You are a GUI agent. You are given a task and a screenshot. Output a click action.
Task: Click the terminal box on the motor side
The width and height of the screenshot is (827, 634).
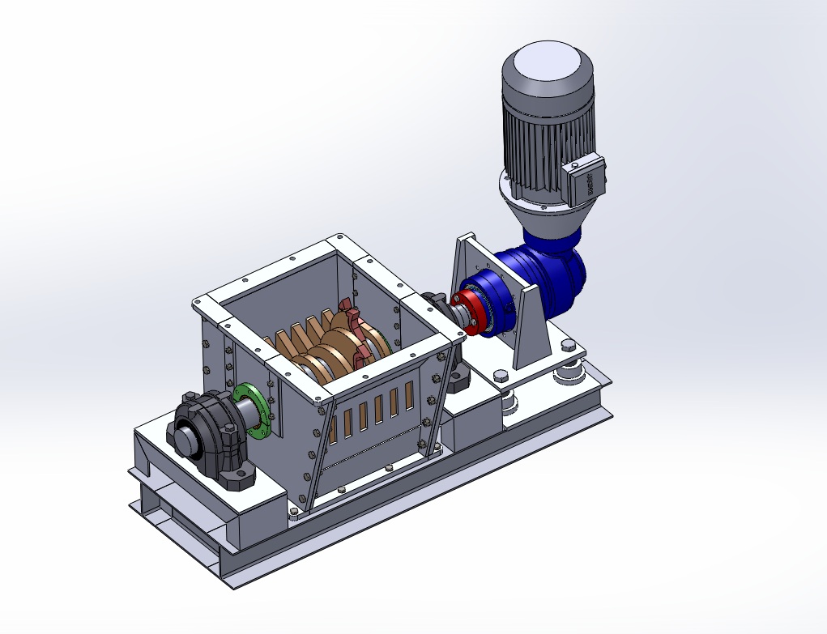click(x=586, y=180)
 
